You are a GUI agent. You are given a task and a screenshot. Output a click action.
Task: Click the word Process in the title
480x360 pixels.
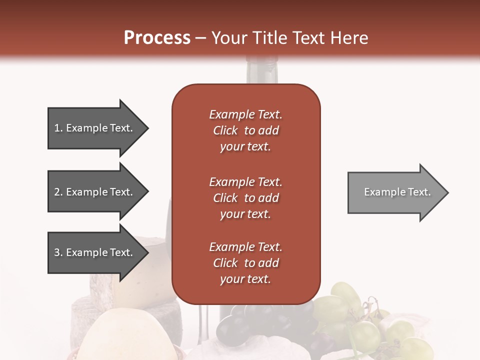click(157, 38)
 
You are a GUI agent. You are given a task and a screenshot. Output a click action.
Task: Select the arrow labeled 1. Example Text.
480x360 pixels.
click(95, 128)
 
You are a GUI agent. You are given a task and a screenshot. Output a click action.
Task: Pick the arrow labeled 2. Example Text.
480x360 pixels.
click(95, 192)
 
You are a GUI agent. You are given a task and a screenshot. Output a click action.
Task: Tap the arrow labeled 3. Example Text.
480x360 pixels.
click(95, 252)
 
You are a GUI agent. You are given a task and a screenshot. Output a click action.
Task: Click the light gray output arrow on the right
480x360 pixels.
click(395, 192)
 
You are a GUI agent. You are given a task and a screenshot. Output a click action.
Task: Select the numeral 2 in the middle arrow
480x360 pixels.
click(57, 192)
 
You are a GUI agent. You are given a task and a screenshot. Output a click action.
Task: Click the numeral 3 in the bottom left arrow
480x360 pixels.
click(57, 252)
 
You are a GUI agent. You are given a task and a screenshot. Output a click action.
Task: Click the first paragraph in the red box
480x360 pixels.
click(245, 130)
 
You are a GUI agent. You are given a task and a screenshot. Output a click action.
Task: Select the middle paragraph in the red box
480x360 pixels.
click(245, 198)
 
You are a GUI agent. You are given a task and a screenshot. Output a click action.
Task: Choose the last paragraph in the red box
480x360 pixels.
click(245, 263)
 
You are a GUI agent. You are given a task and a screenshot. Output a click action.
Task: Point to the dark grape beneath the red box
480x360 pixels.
click(231, 325)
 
